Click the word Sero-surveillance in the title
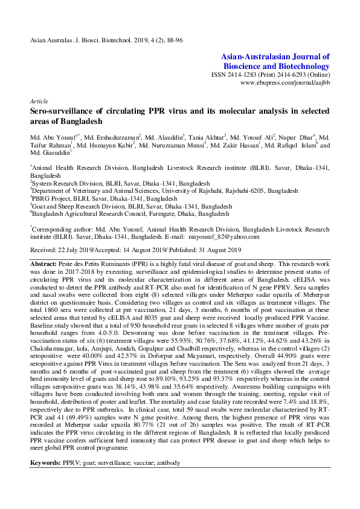68,112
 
